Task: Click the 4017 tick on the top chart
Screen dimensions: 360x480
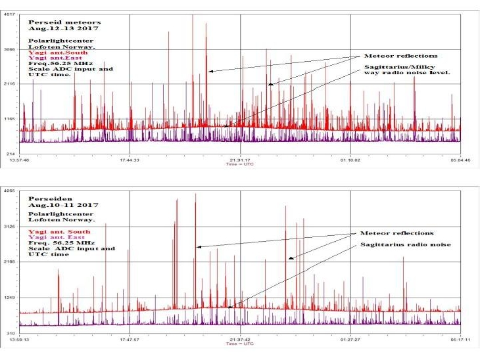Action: [11, 14]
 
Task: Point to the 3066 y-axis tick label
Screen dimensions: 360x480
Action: [11, 49]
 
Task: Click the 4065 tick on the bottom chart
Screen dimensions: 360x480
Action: [11, 191]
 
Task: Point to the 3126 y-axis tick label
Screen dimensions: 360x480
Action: [11, 227]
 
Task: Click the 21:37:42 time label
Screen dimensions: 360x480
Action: [239, 340]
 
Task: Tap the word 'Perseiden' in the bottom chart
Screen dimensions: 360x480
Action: [45, 198]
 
